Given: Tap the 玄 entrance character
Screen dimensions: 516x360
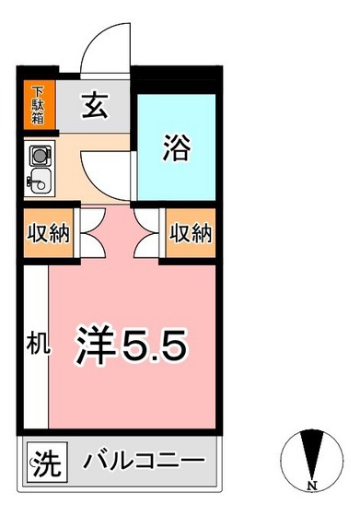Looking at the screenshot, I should [95, 108].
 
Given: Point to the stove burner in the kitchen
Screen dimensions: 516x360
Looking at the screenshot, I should [41, 154].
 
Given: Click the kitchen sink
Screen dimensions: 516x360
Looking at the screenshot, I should [41, 179].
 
